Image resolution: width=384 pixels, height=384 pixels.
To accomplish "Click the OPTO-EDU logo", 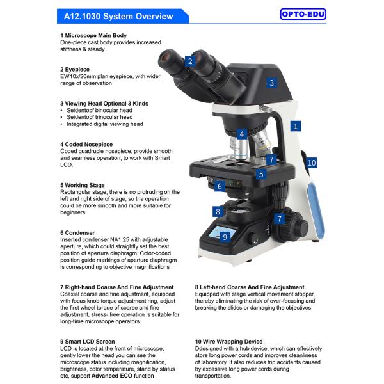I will tap(303, 13).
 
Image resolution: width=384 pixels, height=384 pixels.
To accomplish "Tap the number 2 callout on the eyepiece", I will tap(189, 61).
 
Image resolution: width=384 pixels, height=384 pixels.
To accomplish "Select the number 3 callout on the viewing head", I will tap(271, 83).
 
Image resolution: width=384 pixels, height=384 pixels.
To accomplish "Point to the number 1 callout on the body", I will tap(296, 126).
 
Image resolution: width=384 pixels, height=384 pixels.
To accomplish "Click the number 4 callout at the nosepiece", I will tap(241, 134).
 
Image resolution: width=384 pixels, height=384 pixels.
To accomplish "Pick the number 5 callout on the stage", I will tap(261, 173).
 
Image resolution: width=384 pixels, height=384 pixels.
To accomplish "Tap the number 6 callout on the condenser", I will tap(220, 186).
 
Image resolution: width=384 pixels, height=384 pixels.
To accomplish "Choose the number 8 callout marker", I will tap(218, 212).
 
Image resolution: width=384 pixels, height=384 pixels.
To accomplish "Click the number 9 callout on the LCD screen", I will tap(225, 236).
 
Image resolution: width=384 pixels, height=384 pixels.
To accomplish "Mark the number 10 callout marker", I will tap(311, 163).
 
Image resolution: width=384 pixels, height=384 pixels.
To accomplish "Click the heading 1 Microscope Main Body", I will tap(93, 35).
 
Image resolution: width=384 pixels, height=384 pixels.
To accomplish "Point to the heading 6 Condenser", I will tap(77, 233).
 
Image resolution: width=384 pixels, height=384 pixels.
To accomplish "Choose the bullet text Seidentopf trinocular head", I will tap(100, 117).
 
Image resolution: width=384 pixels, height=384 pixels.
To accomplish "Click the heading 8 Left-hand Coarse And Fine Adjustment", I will tap(250, 287).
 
